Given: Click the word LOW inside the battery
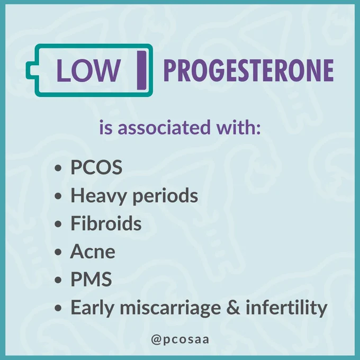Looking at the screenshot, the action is [88, 70].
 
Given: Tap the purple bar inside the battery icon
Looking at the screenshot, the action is [141, 70].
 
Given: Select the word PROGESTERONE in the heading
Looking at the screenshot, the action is [248, 70].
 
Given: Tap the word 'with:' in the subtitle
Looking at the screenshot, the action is [239, 127].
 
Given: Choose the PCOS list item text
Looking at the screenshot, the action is [96, 167].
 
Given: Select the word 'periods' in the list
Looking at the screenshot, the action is [165, 196].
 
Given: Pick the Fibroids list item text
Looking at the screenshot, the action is [106, 223].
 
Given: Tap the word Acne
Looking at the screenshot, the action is [93, 251].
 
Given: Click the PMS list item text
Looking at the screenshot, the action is [91, 279].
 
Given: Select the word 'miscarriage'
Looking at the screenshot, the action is [170, 308].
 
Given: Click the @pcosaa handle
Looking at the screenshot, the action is [180, 340].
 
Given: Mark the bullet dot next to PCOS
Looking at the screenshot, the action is [58, 168].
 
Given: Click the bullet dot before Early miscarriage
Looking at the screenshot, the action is [58, 308].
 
